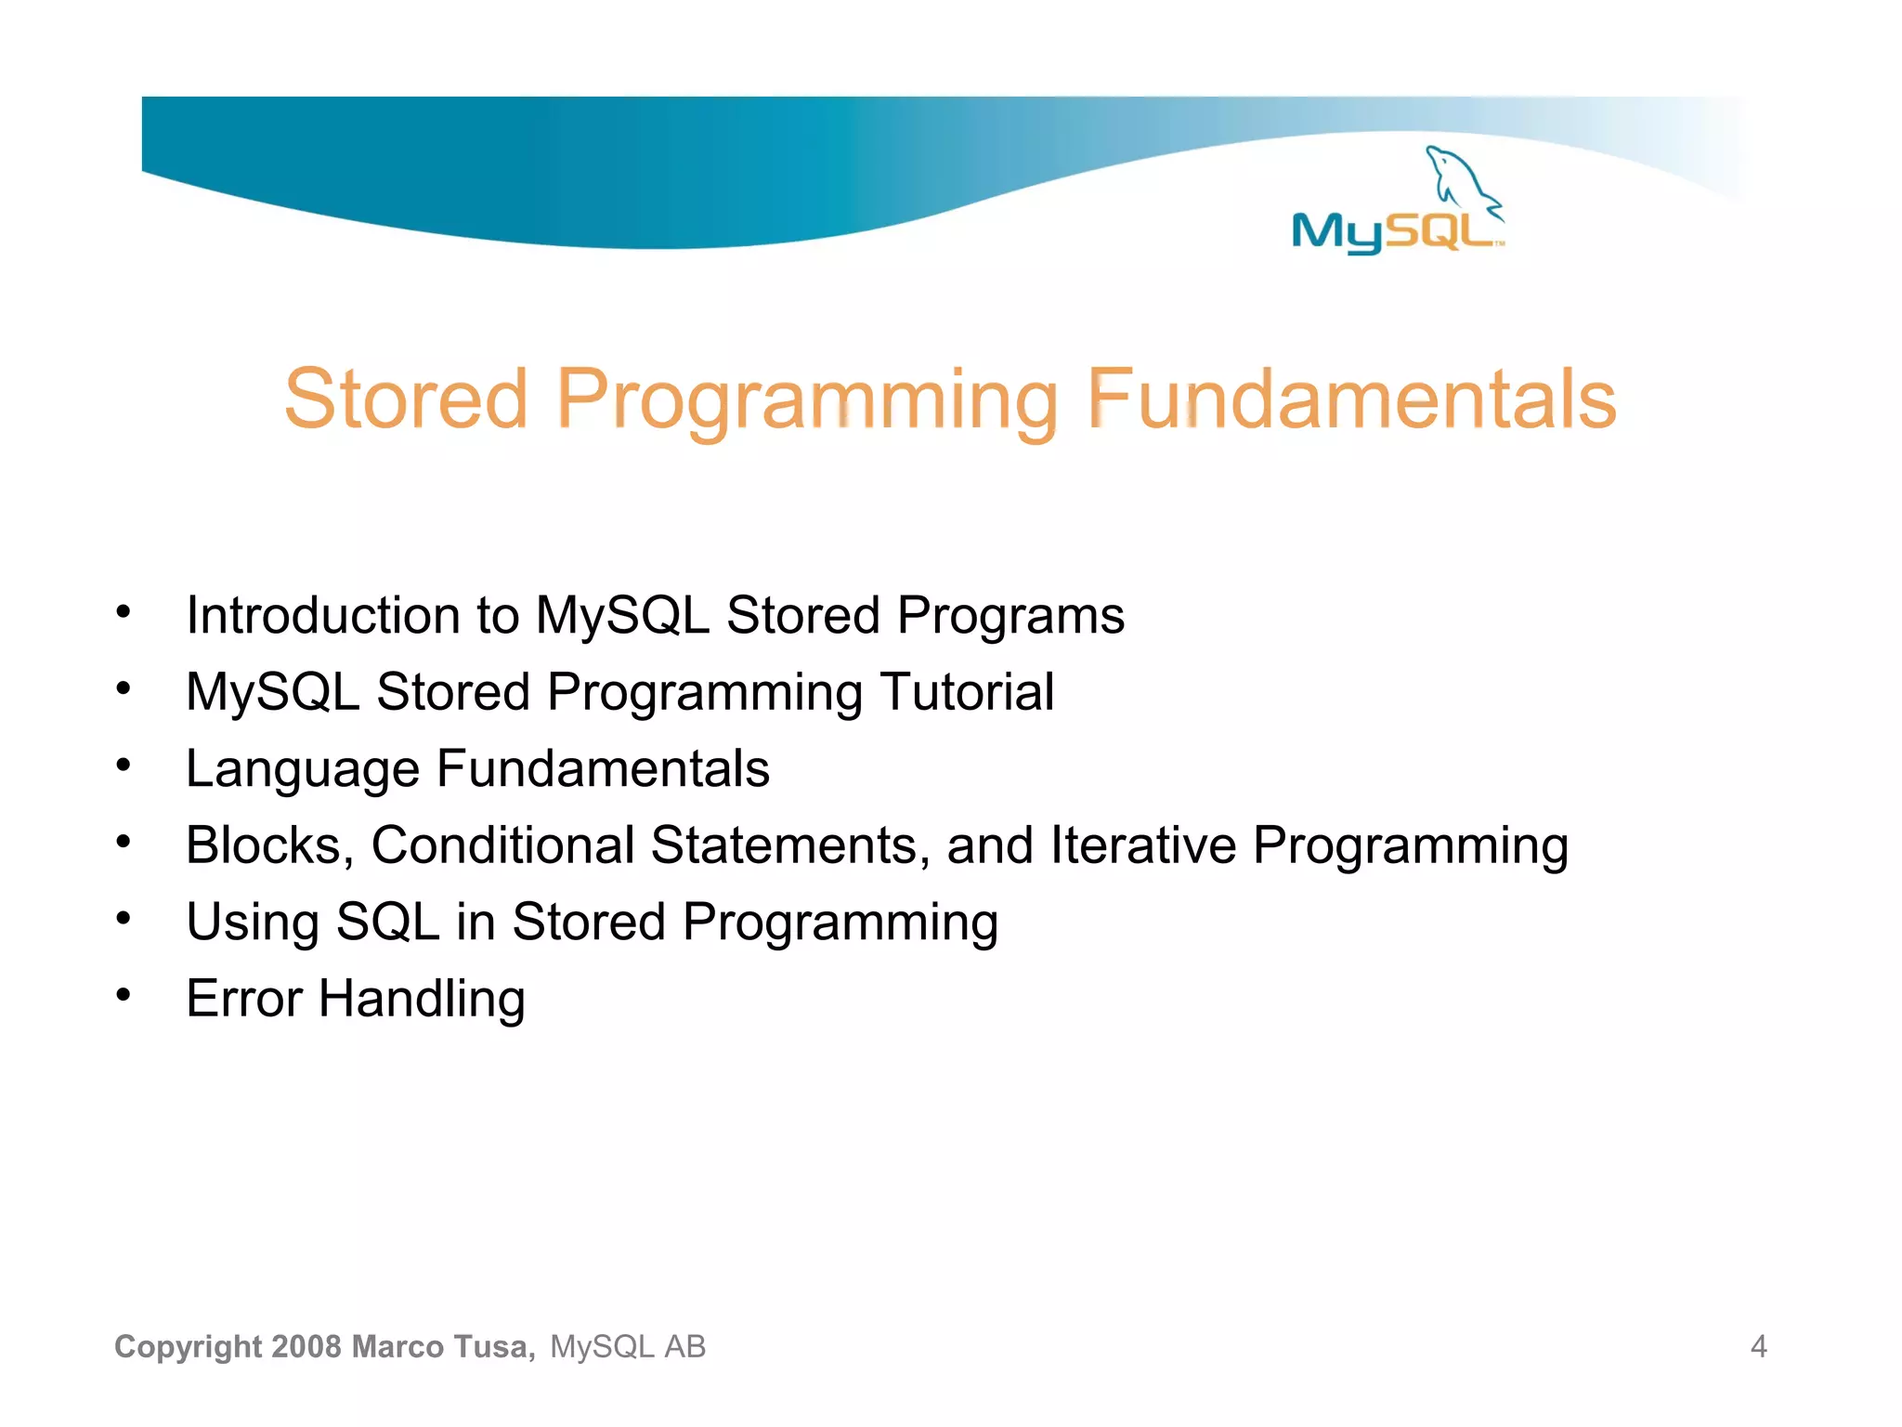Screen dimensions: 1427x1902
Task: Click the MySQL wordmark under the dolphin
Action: (x=1393, y=232)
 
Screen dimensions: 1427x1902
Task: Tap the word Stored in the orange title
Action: (x=406, y=399)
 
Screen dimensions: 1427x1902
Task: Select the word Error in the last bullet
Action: (x=244, y=1000)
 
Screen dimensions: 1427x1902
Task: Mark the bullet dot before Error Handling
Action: (x=124, y=995)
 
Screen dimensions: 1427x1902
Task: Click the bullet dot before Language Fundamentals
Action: (x=124, y=766)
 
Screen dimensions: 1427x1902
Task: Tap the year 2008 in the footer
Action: (x=307, y=1347)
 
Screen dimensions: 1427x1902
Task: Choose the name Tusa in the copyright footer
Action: (x=493, y=1347)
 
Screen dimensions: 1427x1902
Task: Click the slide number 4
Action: (x=1758, y=1347)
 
